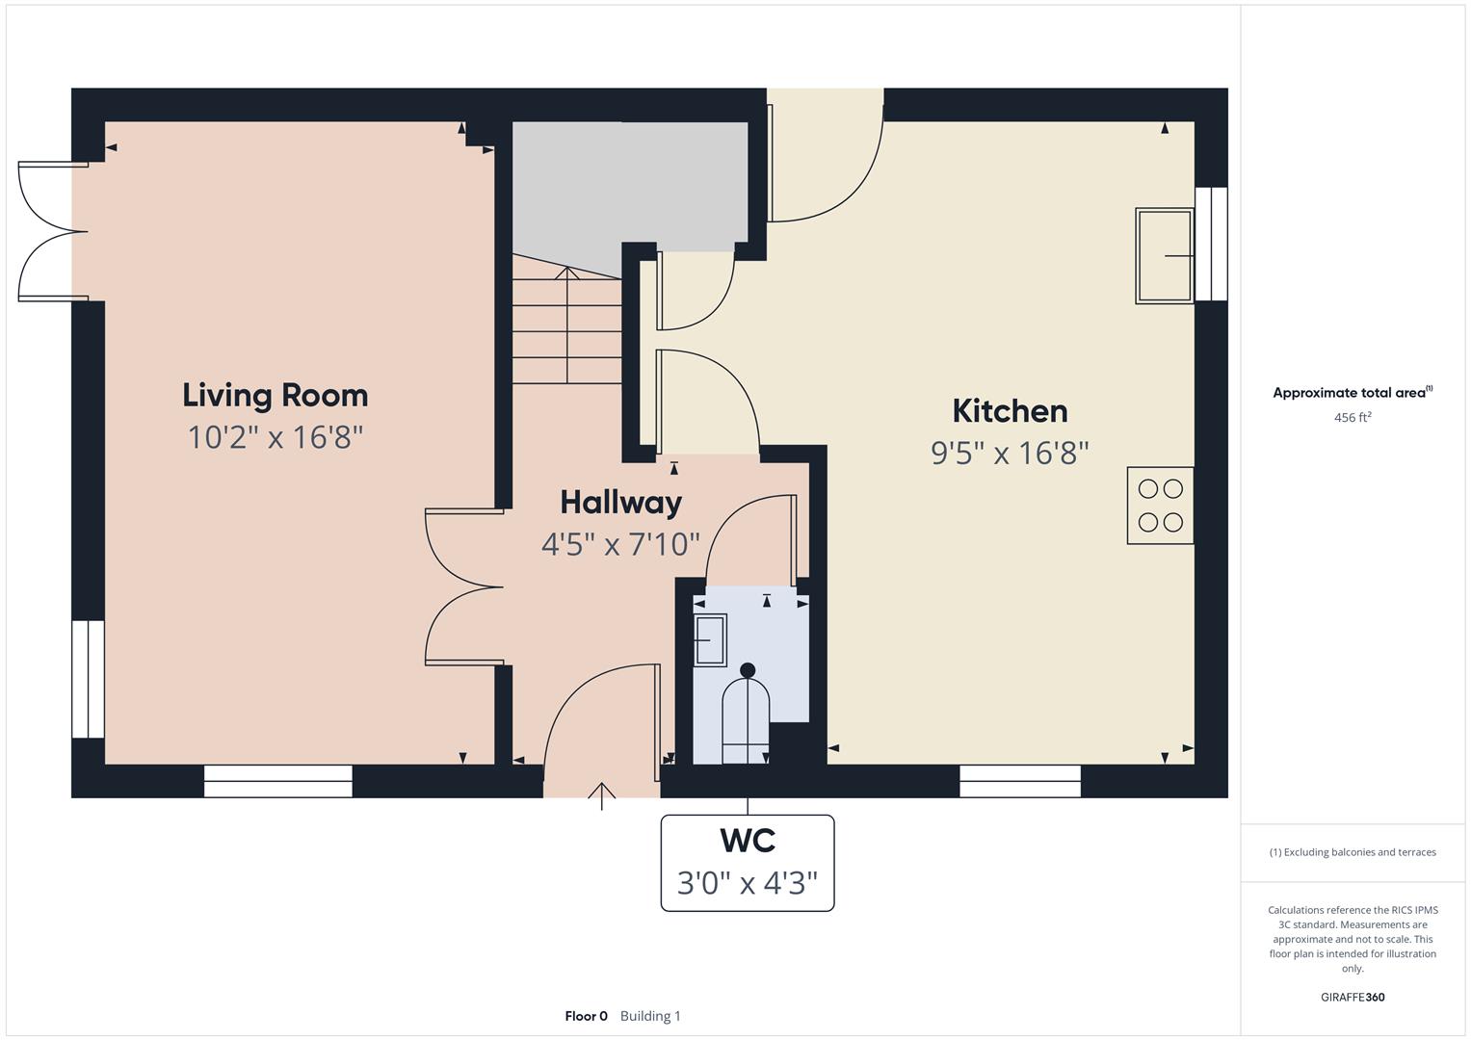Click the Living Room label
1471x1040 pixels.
[275, 396]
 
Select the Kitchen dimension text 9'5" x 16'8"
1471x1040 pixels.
[1009, 454]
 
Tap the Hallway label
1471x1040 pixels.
[620, 503]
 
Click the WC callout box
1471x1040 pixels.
[747, 863]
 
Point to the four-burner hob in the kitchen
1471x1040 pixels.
[1160, 506]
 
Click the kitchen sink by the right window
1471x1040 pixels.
[1164, 255]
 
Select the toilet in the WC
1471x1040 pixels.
[746, 714]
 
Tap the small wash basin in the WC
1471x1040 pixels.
[711, 639]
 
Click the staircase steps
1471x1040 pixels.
[566, 327]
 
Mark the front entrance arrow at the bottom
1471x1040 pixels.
[602, 795]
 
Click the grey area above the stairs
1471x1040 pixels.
[626, 183]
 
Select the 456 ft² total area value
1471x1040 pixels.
[1352, 418]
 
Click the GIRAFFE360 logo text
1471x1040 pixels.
[1352, 997]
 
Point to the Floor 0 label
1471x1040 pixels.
[586, 1016]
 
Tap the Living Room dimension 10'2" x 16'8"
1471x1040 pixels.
[275, 438]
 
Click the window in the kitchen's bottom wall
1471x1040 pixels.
[1019, 781]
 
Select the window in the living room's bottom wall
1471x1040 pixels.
[277, 781]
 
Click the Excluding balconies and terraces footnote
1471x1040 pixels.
[1352, 852]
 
